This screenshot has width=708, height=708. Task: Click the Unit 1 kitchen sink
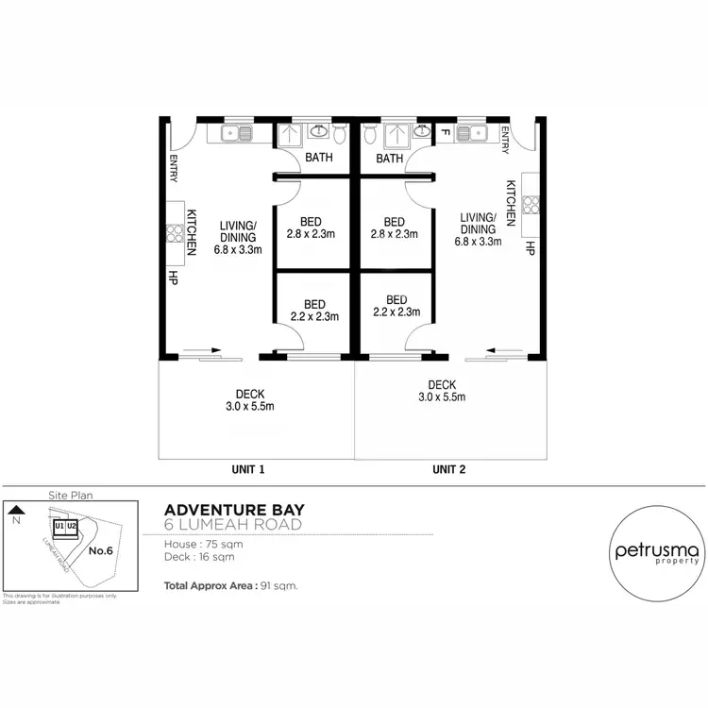pyautogui.click(x=236, y=133)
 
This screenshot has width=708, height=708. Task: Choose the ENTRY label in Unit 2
pyautogui.click(x=506, y=142)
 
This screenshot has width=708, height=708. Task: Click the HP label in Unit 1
pyautogui.click(x=174, y=278)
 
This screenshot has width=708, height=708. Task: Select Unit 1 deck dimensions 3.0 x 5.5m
pyautogui.click(x=249, y=407)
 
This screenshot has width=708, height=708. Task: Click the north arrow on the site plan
pyautogui.click(x=15, y=509)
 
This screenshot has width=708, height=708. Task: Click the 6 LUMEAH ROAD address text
pyautogui.click(x=233, y=525)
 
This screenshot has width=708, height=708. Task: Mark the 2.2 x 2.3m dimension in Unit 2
pyautogui.click(x=396, y=312)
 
